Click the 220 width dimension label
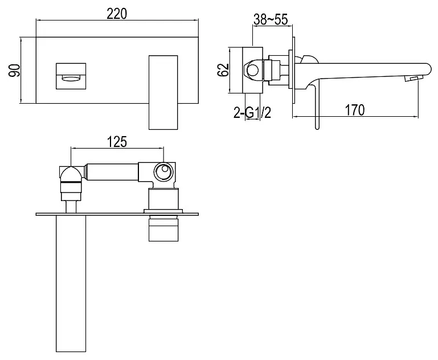(117, 14)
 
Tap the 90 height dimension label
(14, 71)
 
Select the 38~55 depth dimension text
(271, 19)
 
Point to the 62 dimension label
(223, 70)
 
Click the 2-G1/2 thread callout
(252, 113)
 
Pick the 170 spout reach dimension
(355, 110)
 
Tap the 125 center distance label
(117, 142)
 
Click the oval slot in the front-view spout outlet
(71, 78)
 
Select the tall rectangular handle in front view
(163, 92)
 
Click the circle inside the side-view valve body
(253, 70)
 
